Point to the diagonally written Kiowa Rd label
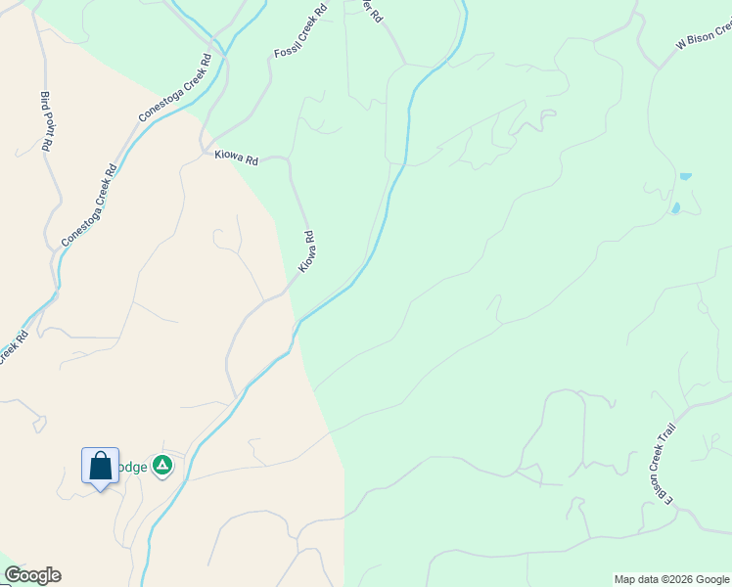point(307,251)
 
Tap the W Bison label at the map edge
point(703,37)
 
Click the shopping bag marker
point(100,466)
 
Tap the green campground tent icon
point(162,466)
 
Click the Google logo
point(32,575)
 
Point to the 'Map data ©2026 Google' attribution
point(671,579)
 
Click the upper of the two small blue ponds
point(685,176)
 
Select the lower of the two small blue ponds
point(674,208)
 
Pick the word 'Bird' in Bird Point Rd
point(44,101)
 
